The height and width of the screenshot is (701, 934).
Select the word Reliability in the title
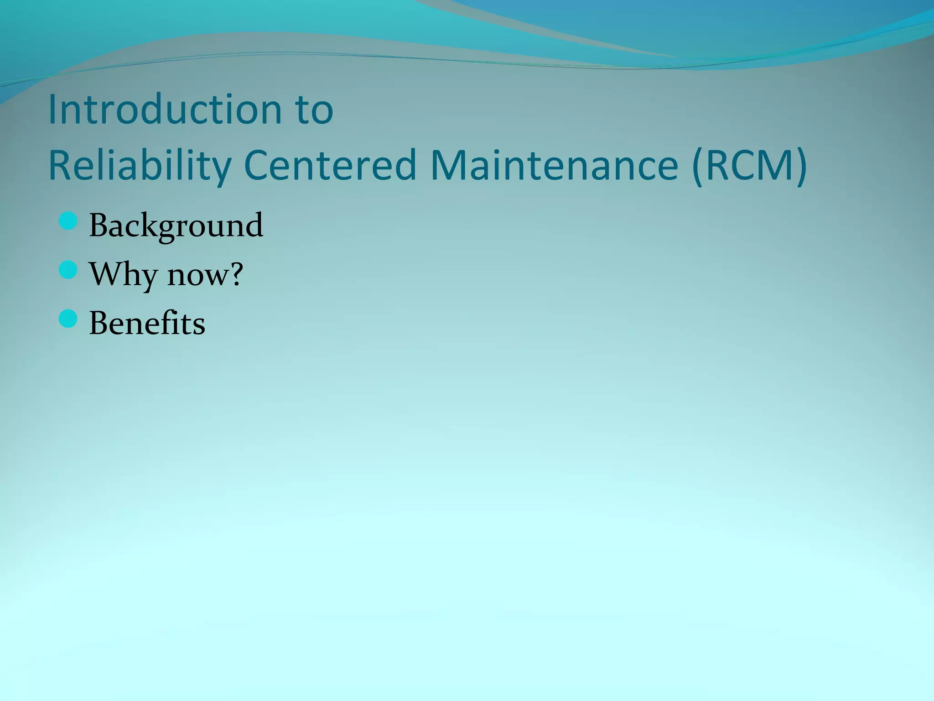pos(140,165)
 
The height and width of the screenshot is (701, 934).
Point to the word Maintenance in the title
pos(554,165)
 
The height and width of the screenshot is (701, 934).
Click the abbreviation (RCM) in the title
pos(749,165)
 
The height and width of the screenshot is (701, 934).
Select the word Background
pos(176,225)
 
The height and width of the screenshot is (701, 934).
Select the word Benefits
pos(147,323)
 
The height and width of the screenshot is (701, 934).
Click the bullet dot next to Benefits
pos(68,319)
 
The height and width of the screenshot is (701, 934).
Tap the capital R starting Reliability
pos(60,165)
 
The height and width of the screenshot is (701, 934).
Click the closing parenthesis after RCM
pos(801,165)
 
